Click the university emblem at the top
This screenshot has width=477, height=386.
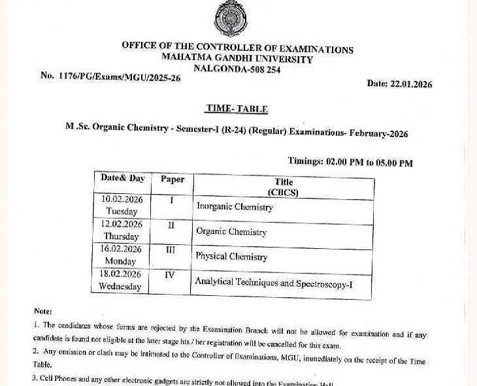click(x=231, y=19)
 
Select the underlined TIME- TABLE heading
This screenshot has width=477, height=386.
click(x=237, y=109)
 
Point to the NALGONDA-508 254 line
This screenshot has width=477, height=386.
click(x=237, y=69)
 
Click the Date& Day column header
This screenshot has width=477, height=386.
click(x=122, y=178)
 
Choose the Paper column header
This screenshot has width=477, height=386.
click(x=173, y=180)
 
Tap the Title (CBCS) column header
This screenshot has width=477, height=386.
click(x=284, y=187)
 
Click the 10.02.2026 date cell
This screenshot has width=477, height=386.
click(x=122, y=205)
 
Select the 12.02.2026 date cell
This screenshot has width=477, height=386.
click(x=121, y=230)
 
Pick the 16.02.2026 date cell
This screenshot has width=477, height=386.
click(x=121, y=255)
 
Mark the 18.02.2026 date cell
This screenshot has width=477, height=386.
click(x=120, y=280)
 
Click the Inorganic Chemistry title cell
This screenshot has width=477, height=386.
click(x=235, y=207)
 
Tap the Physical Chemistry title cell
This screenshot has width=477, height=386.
click(x=231, y=257)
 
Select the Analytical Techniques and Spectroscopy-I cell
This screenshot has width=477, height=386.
click(x=274, y=283)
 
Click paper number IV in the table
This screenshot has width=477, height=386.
click(x=170, y=276)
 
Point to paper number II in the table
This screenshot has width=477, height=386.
click(x=171, y=225)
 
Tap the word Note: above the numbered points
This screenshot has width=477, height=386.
click(x=43, y=312)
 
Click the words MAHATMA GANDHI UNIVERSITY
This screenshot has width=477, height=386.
click(x=237, y=59)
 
